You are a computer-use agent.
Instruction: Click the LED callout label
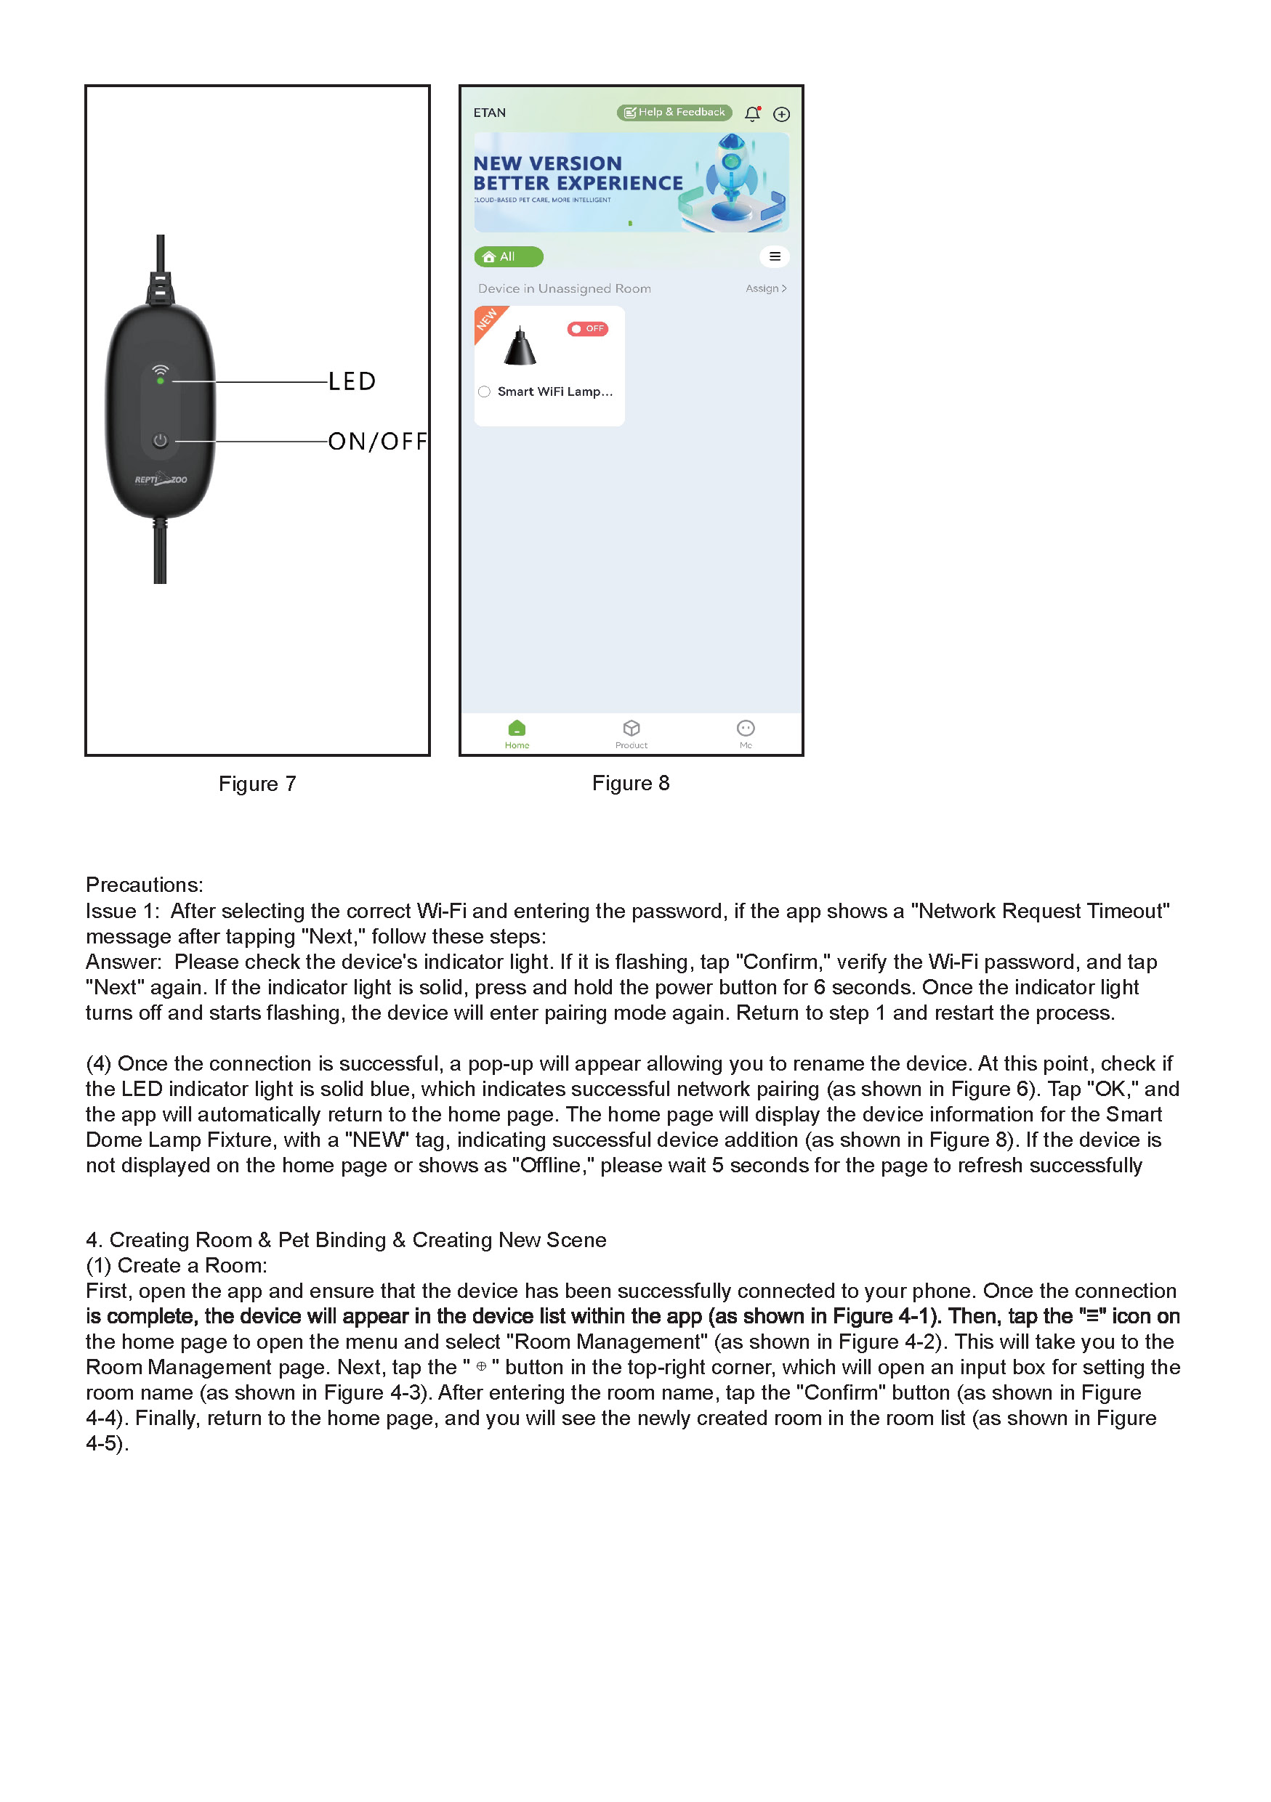(x=351, y=381)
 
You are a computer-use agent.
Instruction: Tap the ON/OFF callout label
(x=377, y=442)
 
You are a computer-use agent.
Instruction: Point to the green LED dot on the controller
(x=160, y=381)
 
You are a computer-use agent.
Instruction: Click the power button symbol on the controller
(x=160, y=440)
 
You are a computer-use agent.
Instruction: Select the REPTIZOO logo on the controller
(x=161, y=479)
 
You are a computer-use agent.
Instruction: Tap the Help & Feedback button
(x=674, y=113)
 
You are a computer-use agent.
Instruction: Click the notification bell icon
(x=752, y=114)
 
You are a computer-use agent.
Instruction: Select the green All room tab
(x=508, y=256)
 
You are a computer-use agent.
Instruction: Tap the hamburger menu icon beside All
(x=774, y=256)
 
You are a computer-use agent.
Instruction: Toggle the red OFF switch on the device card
(x=587, y=329)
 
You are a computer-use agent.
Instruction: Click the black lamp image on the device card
(x=520, y=347)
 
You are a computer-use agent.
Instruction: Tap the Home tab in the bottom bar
(x=517, y=734)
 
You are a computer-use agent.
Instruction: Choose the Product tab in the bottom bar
(x=632, y=734)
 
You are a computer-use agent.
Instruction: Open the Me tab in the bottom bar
(x=745, y=734)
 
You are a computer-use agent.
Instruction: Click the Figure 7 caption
(x=257, y=784)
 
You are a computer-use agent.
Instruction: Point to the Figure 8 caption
(x=630, y=783)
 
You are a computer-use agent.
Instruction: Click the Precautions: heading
(x=145, y=885)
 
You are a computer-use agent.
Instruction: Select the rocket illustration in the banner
(x=732, y=181)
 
